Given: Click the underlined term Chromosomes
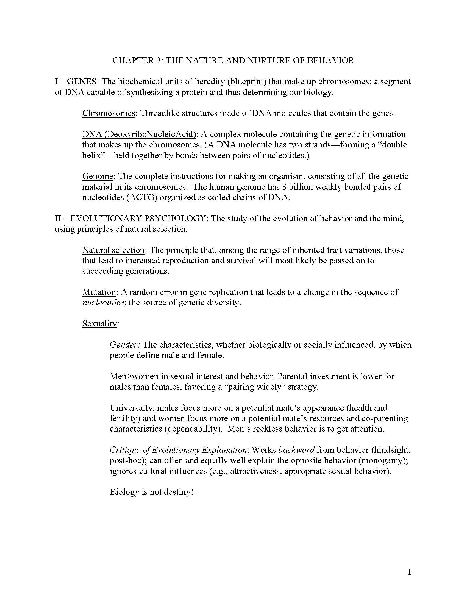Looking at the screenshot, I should coord(109,113).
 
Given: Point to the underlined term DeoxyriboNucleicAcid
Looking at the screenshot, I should coord(150,134).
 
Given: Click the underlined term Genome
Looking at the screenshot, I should coord(98,176).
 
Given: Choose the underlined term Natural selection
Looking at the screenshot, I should coord(113,250).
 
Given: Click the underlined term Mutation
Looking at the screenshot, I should coord(99,292).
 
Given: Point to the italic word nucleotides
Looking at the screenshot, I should coord(103,303).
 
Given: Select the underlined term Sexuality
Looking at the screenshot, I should coord(100,324).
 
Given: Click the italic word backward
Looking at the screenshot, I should coord(296,450).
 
